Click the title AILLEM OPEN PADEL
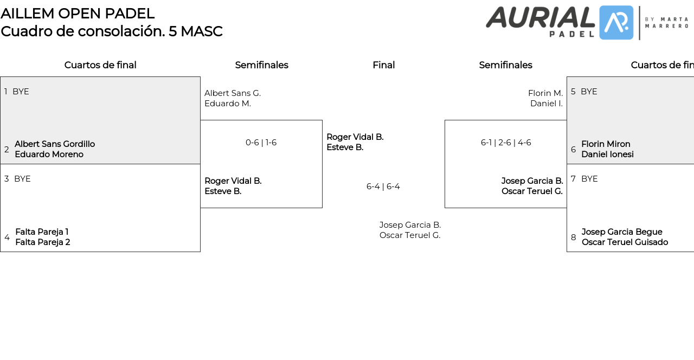pos(78,14)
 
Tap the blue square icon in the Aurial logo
pos(616,23)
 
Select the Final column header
pos(383,65)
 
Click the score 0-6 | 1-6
pos(261,143)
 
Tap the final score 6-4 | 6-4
pos(383,187)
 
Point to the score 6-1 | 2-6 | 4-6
pos(505,143)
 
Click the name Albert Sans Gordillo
pos(55,144)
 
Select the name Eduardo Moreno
pos(49,155)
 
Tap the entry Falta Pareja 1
pos(42,232)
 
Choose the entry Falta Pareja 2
pos(42,242)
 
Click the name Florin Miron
pos(606,144)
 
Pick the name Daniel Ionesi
pos(607,155)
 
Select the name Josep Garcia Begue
pos(622,232)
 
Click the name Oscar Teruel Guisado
pos(625,242)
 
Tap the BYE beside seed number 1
pos(21,92)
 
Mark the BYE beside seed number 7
pos(589,179)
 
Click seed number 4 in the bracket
pos(7,237)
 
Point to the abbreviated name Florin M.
pos(545,93)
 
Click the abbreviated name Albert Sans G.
pos(233,93)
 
